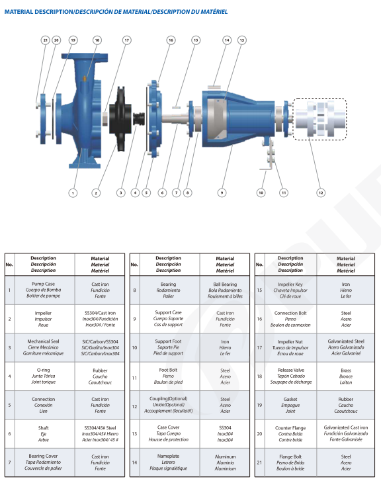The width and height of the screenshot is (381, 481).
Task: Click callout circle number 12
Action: coord(321,193)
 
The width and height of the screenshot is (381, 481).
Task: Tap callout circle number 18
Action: coord(97,40)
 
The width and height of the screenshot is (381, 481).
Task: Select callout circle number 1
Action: coord(73,193)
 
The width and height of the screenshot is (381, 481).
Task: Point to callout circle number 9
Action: coord(222,193)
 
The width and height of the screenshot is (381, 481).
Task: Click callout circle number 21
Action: coord(46,40)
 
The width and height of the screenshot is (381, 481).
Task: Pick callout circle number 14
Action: coord(227,40)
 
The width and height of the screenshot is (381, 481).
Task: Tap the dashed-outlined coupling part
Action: coord(319,119)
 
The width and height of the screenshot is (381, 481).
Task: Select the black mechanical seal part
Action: coord(139,119)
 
